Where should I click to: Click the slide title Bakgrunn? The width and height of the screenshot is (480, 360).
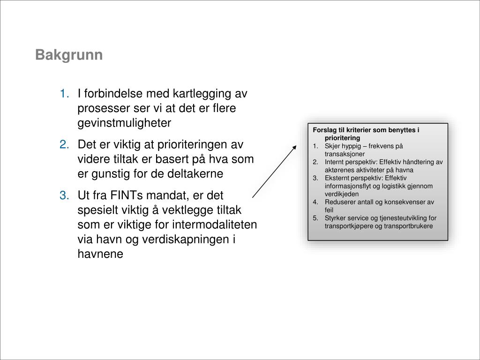(68, 55)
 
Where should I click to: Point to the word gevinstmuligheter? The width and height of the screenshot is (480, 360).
(125, 123)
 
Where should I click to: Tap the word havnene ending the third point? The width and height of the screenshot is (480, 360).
(100, 255)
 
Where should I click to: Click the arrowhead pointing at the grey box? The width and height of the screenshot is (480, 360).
(294, 147)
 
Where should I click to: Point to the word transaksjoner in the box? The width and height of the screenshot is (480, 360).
(345, 154)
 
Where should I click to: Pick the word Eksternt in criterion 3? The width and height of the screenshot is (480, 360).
(337, 178)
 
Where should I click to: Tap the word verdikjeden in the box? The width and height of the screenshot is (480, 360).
(342, 194)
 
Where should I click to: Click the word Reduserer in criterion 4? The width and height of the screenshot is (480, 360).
(339, 202)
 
